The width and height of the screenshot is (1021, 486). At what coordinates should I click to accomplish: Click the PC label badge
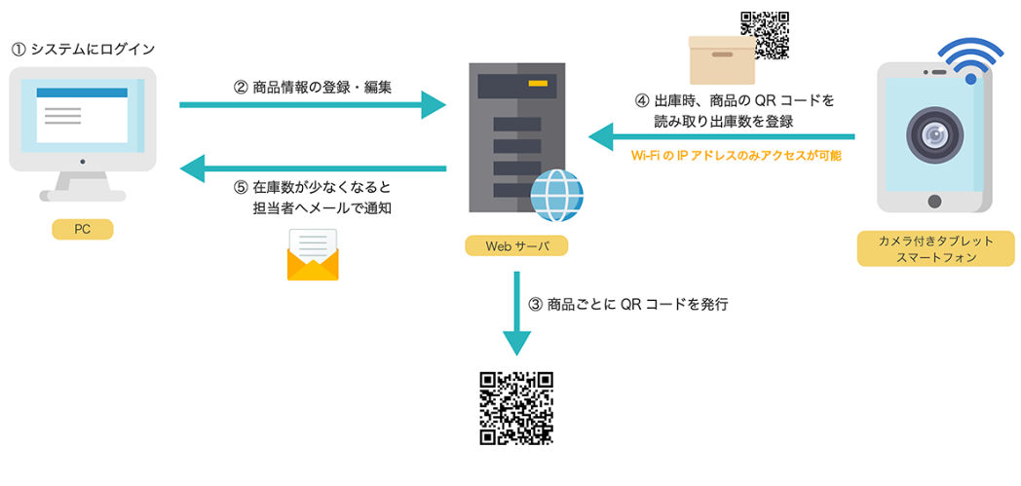(x=83, y=230)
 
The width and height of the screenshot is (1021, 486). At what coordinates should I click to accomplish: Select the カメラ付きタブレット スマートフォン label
(x=925, y=249)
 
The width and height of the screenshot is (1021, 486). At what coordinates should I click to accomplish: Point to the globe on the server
(x=556, y=195)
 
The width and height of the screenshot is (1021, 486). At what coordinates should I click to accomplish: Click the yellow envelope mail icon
(x=312, y=255)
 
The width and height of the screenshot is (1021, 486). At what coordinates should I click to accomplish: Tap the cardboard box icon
(x=722, y=60)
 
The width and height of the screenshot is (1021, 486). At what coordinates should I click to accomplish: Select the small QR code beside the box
(x=765, y=35)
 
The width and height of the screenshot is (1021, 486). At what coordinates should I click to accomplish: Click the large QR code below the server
(x=516, y=407)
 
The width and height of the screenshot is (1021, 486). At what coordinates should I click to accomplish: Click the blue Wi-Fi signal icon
(x=969, y=60)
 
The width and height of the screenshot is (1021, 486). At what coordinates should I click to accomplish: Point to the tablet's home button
(x=934, y=202)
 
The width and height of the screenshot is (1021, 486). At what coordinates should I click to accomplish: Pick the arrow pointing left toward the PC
(x=312, y=169)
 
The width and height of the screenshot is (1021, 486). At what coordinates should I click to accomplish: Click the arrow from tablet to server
(x=721, y=136)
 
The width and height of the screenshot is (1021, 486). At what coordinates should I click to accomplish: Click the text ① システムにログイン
(x=83, y=49)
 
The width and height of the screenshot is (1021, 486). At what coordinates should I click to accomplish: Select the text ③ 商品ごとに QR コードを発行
(x=628, y=304)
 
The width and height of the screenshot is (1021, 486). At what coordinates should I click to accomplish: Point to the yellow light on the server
(x=537, y=85)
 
